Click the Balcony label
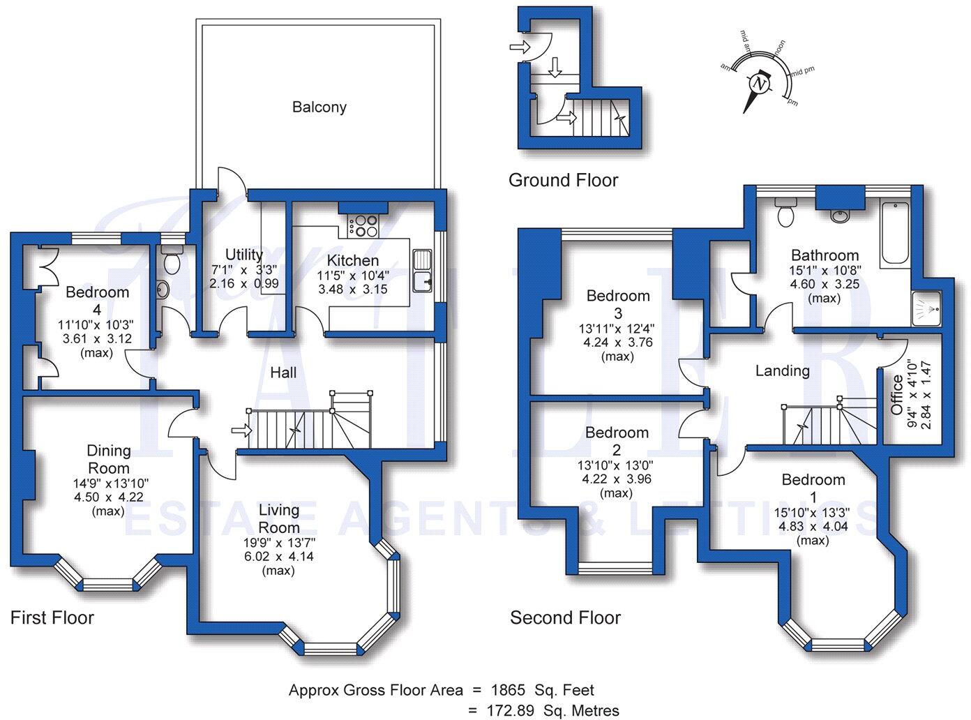pos(319,107)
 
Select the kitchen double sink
pos(422,271)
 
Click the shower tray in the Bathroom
pos(926,308)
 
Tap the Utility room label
pos(244,255)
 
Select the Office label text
pos(897,394)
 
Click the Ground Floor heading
pos(563,181)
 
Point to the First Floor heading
pos(52,617)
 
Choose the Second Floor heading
pos(565,617)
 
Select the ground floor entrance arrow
pos(519,47)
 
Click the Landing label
pos(782,370)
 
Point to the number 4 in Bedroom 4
pos(97,309)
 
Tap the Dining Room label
pos(109,459)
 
